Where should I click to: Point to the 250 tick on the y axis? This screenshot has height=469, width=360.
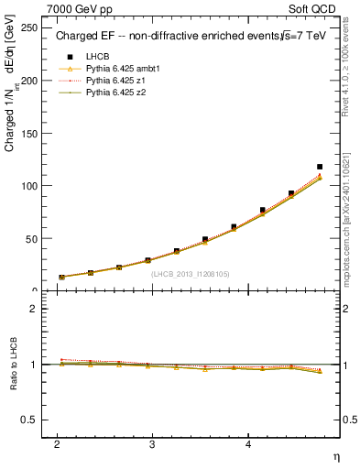[29, 27]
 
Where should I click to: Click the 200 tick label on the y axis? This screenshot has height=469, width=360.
[29, 81]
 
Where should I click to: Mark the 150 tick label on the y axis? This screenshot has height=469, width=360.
[29, 133]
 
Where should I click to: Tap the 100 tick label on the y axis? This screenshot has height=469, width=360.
[29, 186]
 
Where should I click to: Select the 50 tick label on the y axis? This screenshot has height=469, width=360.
[32, 238]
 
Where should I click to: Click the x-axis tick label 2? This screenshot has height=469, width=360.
[58, 444]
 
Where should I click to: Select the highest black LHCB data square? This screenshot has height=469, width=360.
[320, 167]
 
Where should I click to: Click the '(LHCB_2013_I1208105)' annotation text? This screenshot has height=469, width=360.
[190, 273]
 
